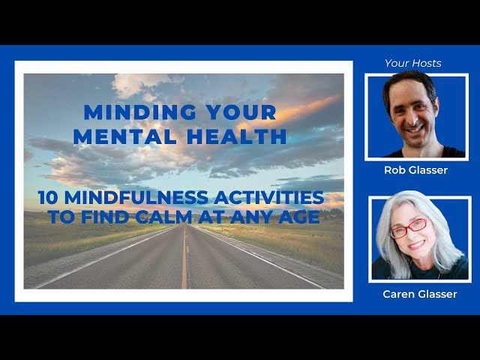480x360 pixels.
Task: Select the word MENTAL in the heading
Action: (x=124, y=136)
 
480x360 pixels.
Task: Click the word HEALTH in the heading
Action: (x=236, y=136)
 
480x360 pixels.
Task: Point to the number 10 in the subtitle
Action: (x=48, y=197)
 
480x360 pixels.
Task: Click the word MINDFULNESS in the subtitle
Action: (x=136, y=197)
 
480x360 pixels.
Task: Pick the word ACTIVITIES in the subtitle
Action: (x=269, y=197)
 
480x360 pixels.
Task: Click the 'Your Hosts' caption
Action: (x=413, y=63)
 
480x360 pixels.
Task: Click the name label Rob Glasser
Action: (x=415, y=170)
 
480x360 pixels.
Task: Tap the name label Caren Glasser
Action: (x=420, y=294)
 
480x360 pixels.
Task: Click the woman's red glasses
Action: (x=408, y=227)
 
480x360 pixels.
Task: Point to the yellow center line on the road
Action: (x=184, y=256)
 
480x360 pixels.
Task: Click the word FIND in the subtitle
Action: (x=106, y=217)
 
